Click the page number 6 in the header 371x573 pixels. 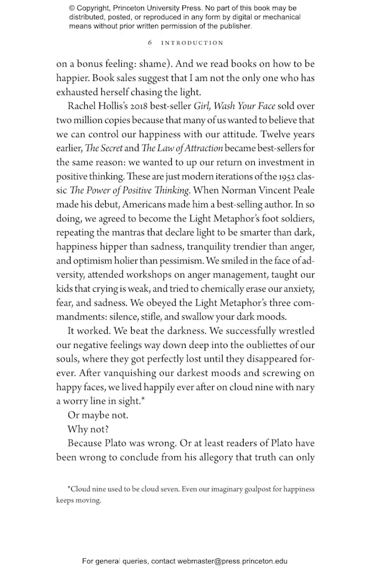point(150,43)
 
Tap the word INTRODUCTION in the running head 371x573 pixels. point(192,43)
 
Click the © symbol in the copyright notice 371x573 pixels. point(72,8)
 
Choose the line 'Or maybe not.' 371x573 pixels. point(98,415)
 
